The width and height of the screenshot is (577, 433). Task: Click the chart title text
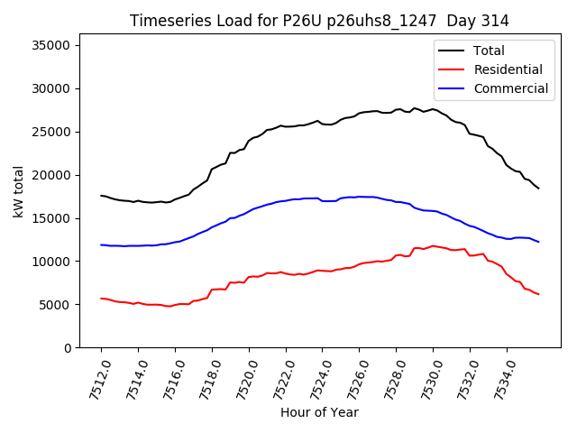coord(319,21)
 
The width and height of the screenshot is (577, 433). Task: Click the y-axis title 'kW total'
coord(19,191)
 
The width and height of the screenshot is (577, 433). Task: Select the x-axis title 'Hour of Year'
coord(319,412)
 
